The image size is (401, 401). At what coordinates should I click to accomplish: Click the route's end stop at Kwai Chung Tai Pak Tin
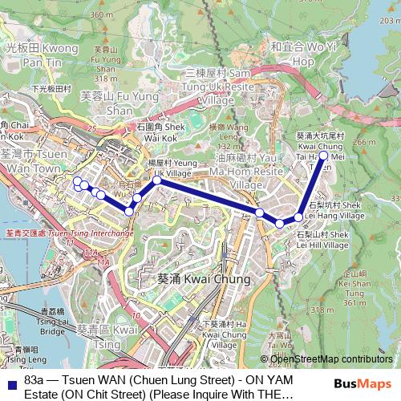[323, 156]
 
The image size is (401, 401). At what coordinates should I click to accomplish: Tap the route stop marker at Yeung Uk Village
[157, 180]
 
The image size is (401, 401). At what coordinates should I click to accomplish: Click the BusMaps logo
[363, 384]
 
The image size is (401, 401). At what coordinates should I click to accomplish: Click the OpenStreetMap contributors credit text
[331, 359]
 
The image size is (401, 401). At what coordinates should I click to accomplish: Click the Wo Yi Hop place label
[303, 53]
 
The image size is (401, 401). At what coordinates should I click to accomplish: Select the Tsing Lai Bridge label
[52, 319]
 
